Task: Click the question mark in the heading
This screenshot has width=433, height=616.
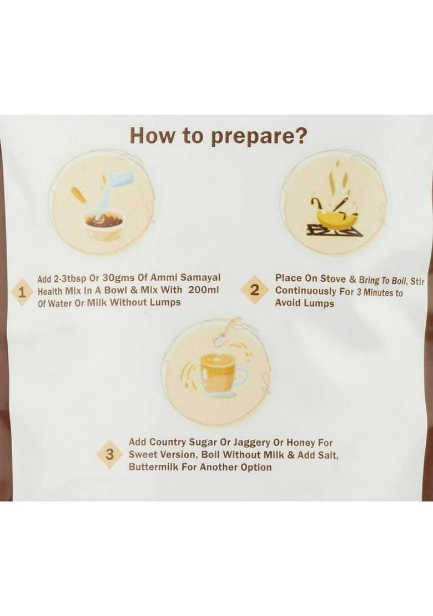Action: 300,135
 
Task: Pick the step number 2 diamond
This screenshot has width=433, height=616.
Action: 255,290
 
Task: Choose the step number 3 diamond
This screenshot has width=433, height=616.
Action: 110,455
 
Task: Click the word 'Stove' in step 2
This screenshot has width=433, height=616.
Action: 333,279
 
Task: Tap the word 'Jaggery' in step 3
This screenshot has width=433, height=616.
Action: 252,443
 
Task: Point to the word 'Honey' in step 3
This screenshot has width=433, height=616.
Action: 301,443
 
